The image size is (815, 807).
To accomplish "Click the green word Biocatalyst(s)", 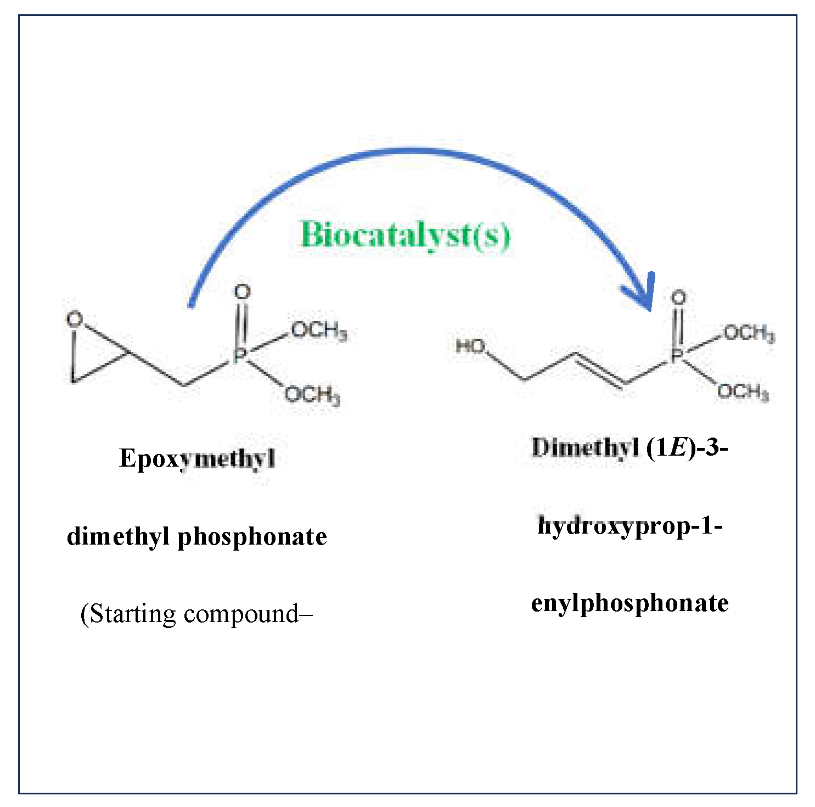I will coord(405,236).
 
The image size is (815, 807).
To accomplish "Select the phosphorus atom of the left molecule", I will coord(239,356).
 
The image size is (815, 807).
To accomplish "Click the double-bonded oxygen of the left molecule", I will coord(242,292).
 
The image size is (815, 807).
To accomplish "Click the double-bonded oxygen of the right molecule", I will coord(679,298).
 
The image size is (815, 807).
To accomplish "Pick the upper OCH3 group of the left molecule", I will coord(319,330).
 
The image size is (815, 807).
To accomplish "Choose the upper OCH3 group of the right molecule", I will coord(749,333).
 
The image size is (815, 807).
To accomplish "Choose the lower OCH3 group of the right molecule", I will coord(743,392).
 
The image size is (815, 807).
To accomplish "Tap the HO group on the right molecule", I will coord(471,346).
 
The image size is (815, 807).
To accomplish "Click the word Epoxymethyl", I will coord(197,458).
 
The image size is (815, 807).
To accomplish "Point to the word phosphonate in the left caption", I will coord(252,536).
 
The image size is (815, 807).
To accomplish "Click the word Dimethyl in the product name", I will coord(585,448).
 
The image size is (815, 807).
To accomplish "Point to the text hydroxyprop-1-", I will coord(629,526).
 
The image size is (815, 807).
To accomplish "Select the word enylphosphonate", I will coord(629,603).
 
